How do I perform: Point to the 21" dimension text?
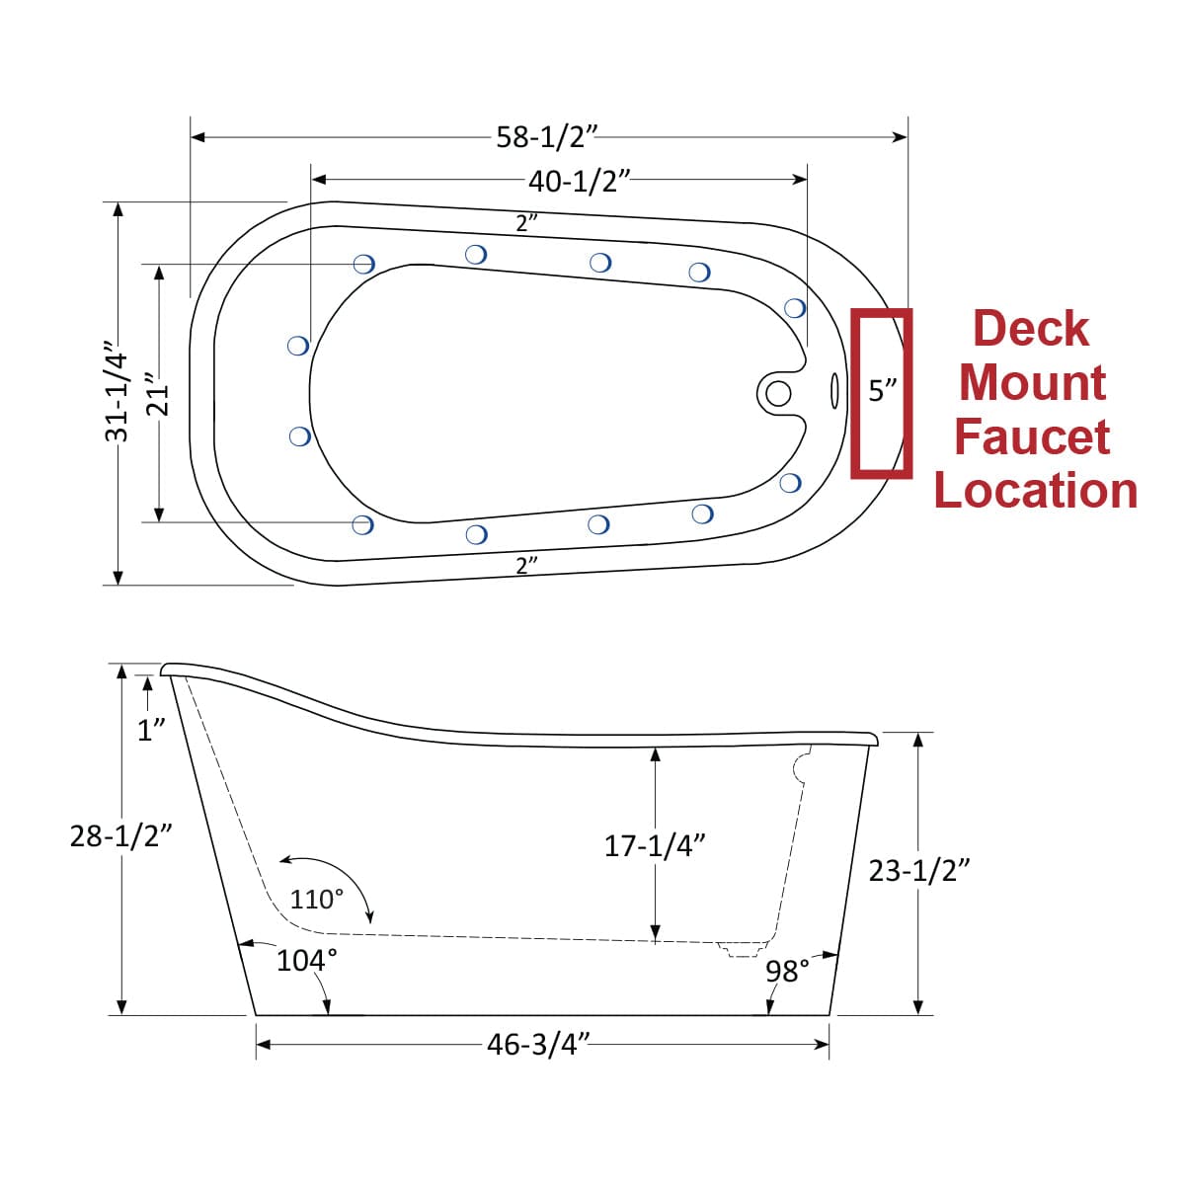point(158,394)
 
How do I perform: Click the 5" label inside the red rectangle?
point(883,391)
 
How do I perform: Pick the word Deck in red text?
point(1031,329)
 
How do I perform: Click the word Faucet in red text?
point(1032,436)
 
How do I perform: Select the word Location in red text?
point(1035,491)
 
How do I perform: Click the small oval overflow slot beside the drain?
point(834,391)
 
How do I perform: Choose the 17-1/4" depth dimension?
point(655,845)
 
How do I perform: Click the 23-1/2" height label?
point(918,870)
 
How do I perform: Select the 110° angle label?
point(317,900)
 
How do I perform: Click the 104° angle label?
point(306,960)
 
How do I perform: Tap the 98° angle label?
point(787,971)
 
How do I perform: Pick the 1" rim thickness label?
point(150,731)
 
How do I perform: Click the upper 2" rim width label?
point(526,223)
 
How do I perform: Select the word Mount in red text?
point(1032,382)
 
